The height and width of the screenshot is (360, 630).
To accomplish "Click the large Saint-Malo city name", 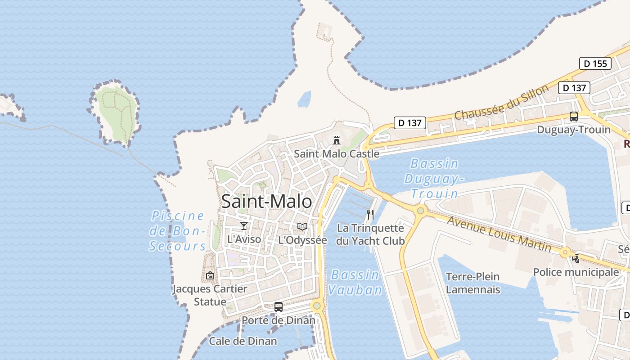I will coord(266,201).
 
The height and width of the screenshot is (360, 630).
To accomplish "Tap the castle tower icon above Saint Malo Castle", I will coord(336,140).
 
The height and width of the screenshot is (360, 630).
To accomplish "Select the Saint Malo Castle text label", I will coord(337,154).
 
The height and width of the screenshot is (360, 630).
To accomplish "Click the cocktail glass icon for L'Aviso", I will coord(244,225).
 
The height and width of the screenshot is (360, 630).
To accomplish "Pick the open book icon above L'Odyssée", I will coord(302,226).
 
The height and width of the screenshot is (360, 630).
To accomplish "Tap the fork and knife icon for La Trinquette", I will coord(370,214).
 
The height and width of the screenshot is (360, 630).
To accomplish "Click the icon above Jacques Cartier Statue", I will coord(210,275).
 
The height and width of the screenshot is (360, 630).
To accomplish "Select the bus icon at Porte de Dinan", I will coord(279,307).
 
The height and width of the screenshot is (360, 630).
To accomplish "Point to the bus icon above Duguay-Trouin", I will coord(574,117).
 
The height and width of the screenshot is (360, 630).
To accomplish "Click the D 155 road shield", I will coord(595,63).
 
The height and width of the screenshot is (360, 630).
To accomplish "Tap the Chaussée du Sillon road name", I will coord(501,103).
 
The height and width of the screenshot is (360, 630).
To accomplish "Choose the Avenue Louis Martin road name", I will coord(499,234).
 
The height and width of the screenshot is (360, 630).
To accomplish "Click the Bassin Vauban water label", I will coord(355,282).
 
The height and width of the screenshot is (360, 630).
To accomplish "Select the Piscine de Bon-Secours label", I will coord(178,231).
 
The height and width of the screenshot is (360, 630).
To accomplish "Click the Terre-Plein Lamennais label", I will coord(472,283).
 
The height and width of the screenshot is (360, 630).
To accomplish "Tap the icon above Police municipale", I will coord(576,258).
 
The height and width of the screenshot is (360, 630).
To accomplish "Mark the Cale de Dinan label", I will coord(243,341).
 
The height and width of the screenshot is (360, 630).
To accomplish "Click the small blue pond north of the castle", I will coord(305,99).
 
